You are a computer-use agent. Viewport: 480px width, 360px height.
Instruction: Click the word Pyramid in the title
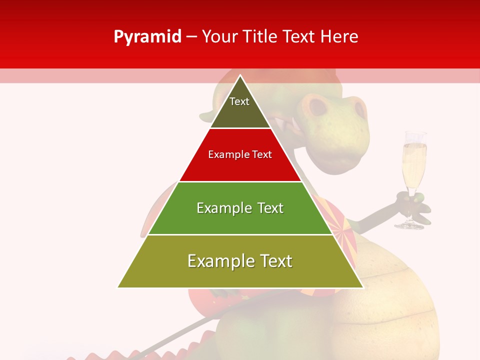[147, 37]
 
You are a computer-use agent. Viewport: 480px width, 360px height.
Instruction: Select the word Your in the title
[219, 36]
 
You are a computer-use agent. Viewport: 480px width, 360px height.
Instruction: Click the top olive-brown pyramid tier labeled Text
[240, 107]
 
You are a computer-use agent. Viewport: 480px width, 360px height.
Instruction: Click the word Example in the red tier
[223, 154]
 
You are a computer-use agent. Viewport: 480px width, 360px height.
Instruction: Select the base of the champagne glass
[409, 225]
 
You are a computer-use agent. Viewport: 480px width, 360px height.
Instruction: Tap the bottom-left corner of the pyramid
[118, 287]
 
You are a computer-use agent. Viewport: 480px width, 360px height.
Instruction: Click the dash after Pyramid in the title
[191, 37]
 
